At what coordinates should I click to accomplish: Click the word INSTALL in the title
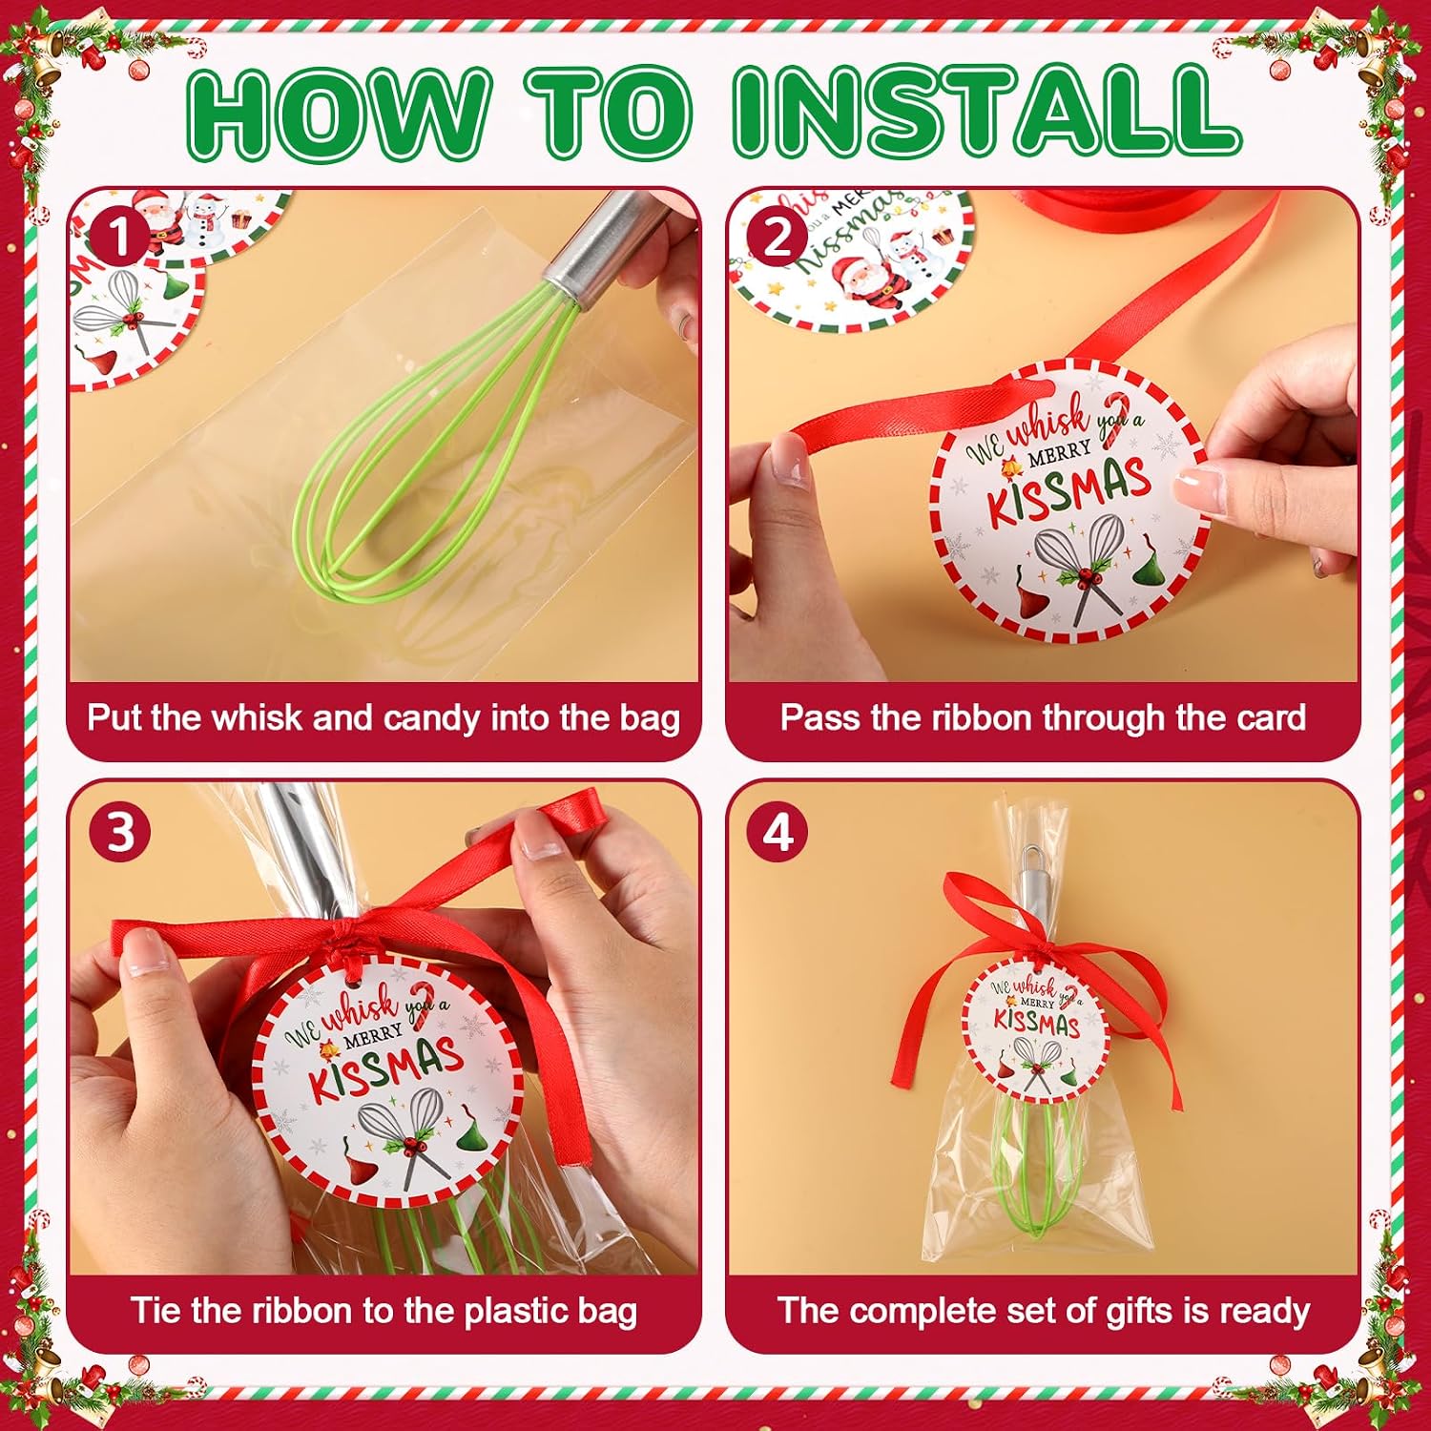pyautogui.click(x=987, y=113)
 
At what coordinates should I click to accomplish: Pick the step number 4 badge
pyautogui.click(x=778, y=832)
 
